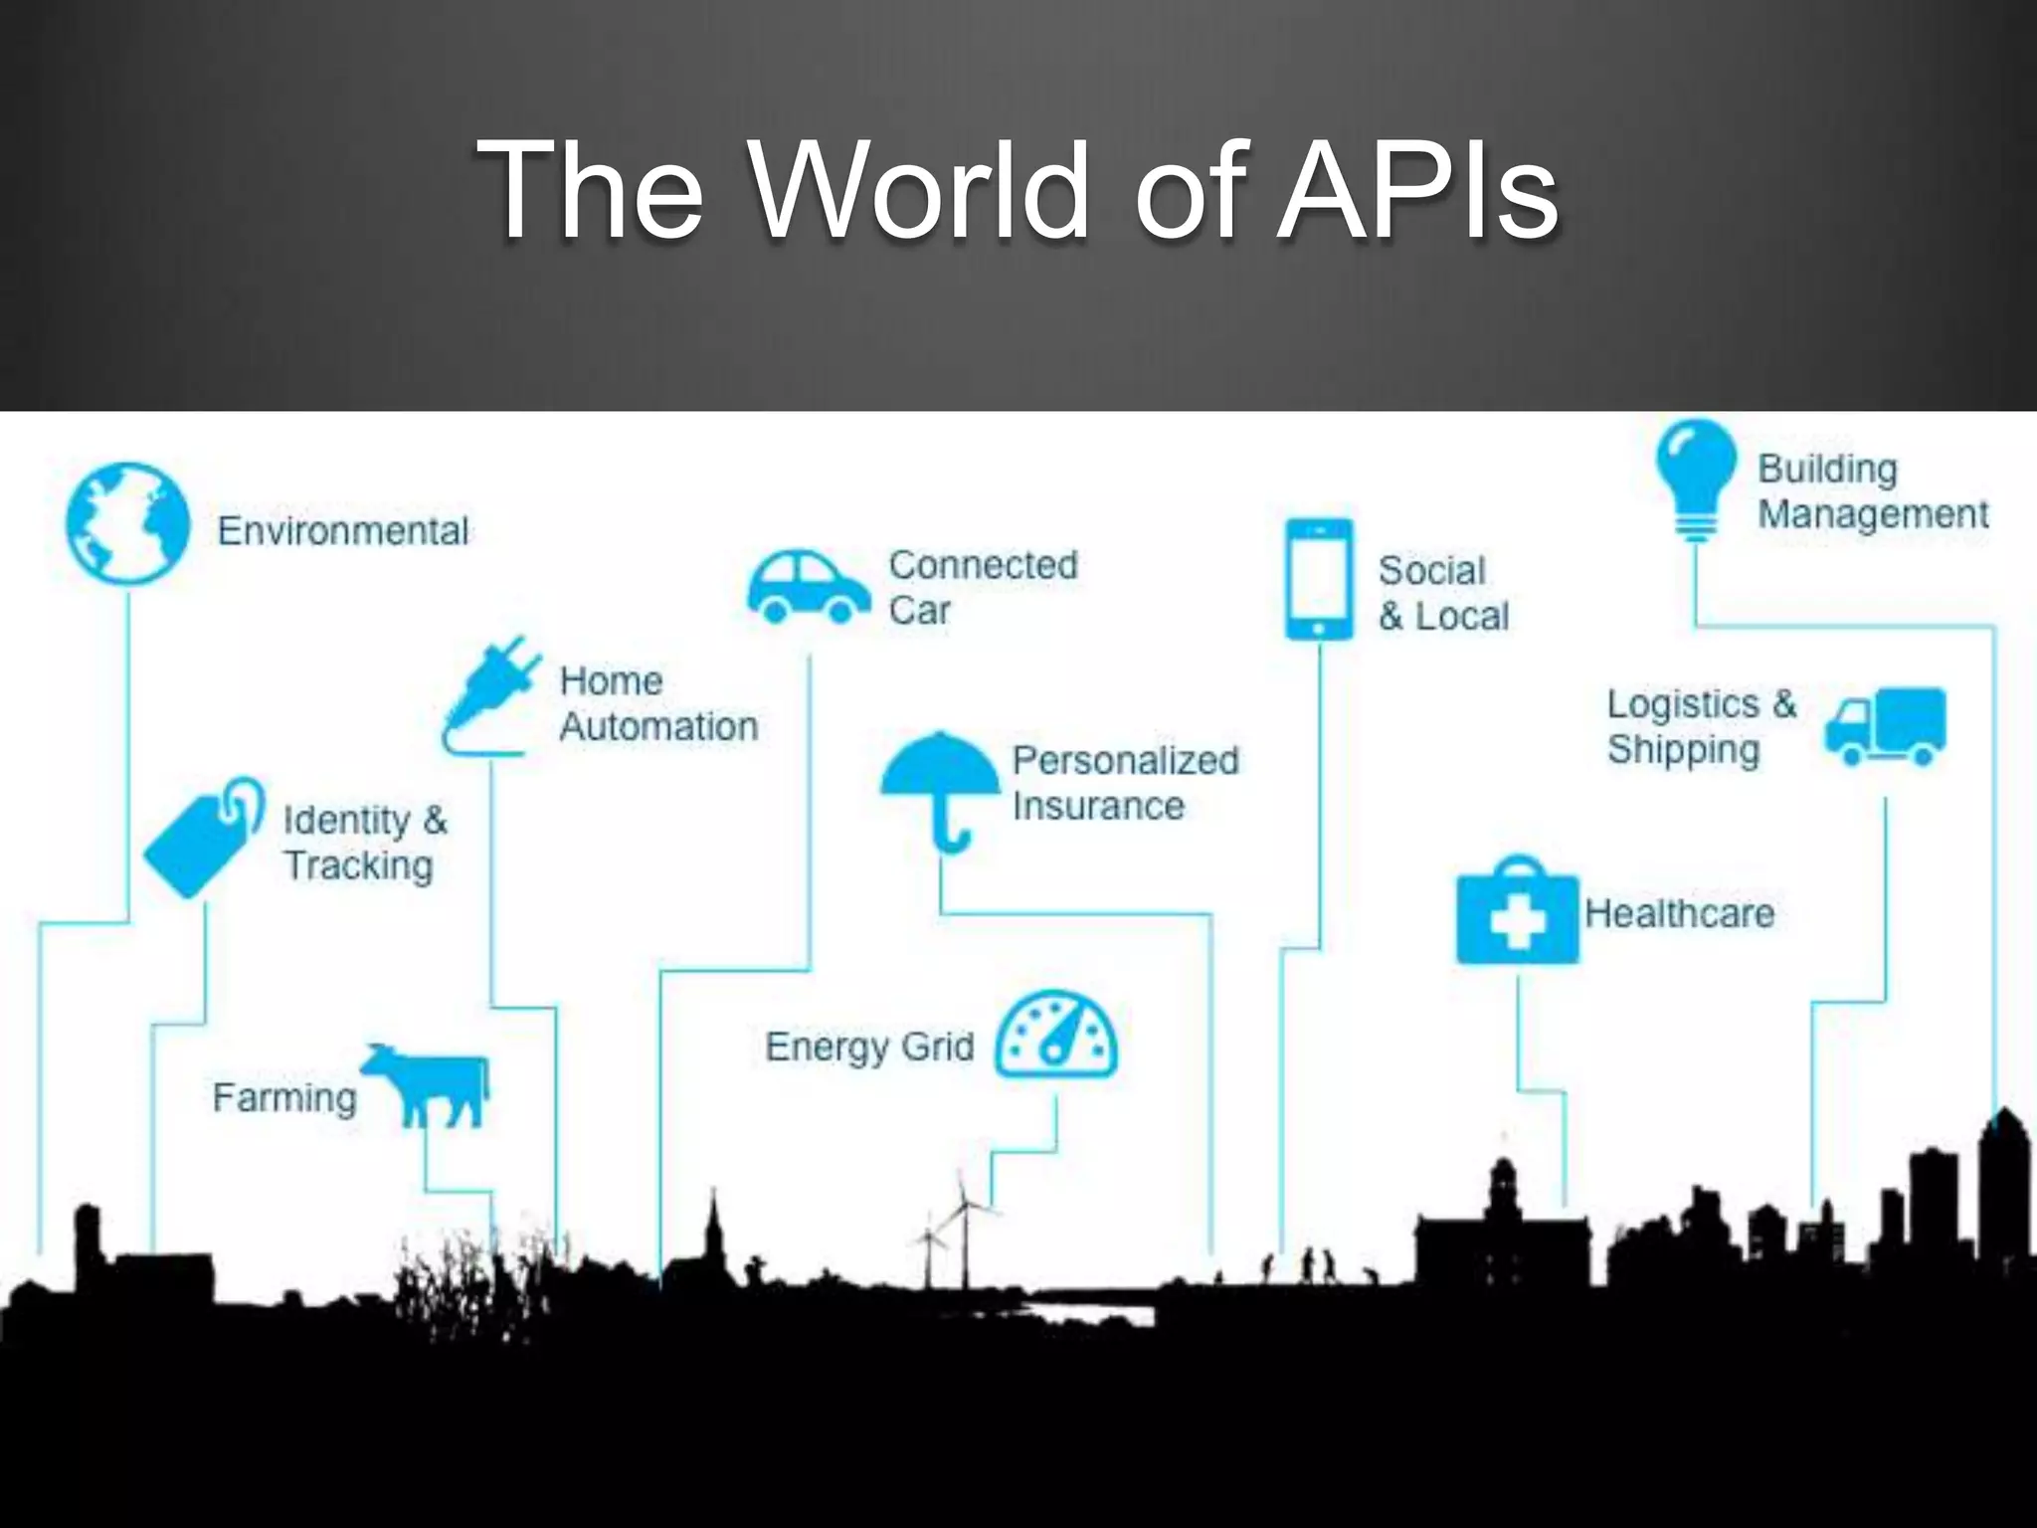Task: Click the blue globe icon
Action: click(x=127, y=523)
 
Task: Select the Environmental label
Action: click(x=343, y=531)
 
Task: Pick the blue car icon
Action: click(x=808, y=587)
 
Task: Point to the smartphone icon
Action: click(x=1319, y=579)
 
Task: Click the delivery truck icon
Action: click(x=1885, y=726)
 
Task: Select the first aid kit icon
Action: click(x=1517, y=913)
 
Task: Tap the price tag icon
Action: click(x=204, y=838)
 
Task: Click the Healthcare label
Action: click(x=1679, y=913)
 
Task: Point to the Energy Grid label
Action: click(x=869, y=1047)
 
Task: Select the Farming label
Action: click(x=284, y=1098)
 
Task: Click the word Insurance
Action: click(x=1098, y=806)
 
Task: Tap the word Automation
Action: click(x=658, y=726)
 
